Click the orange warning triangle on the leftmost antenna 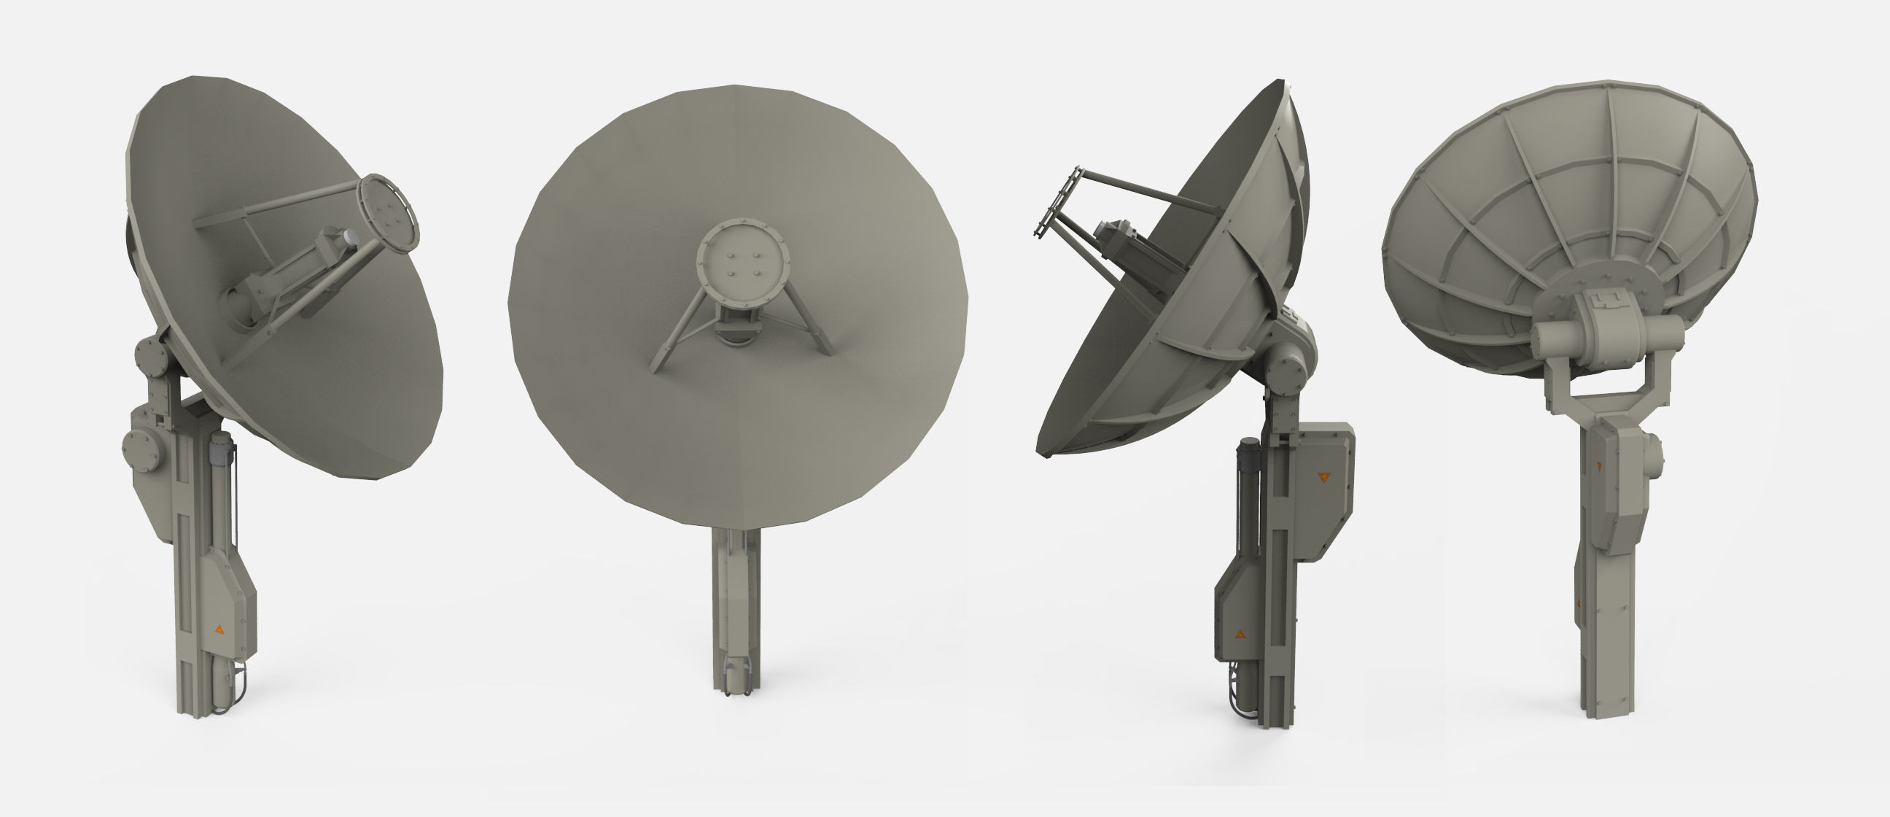click(x=219, y=630)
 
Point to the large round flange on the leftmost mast click(x=139, y=448)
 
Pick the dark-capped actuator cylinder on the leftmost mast click(x=222, y=447)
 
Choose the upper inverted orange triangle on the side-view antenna click(x=1323, y=477)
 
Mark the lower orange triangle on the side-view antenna click(x=1239, y=632)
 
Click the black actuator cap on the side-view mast click(x=1248, y=444)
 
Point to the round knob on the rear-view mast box click(x=1656, y=452)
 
